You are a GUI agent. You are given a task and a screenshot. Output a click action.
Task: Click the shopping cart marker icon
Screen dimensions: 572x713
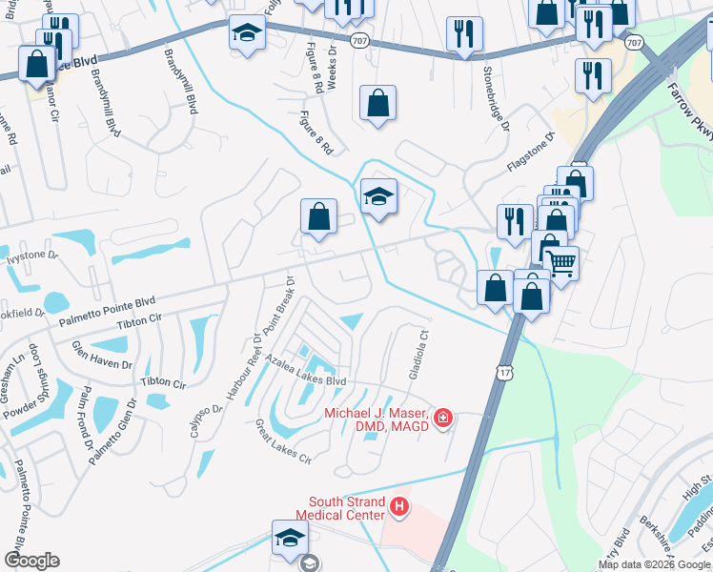pos(561,261)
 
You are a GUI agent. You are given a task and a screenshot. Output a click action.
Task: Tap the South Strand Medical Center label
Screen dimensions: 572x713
pos(347,508)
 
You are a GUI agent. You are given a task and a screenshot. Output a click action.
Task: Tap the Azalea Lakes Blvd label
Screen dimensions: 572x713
pos(306,373)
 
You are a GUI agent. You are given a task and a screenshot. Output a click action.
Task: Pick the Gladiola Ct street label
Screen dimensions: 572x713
pos(416,354)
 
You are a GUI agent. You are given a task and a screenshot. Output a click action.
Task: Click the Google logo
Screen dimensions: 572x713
pos(31,561)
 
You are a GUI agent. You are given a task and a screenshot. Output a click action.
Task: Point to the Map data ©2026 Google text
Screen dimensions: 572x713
pos(653,564)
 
